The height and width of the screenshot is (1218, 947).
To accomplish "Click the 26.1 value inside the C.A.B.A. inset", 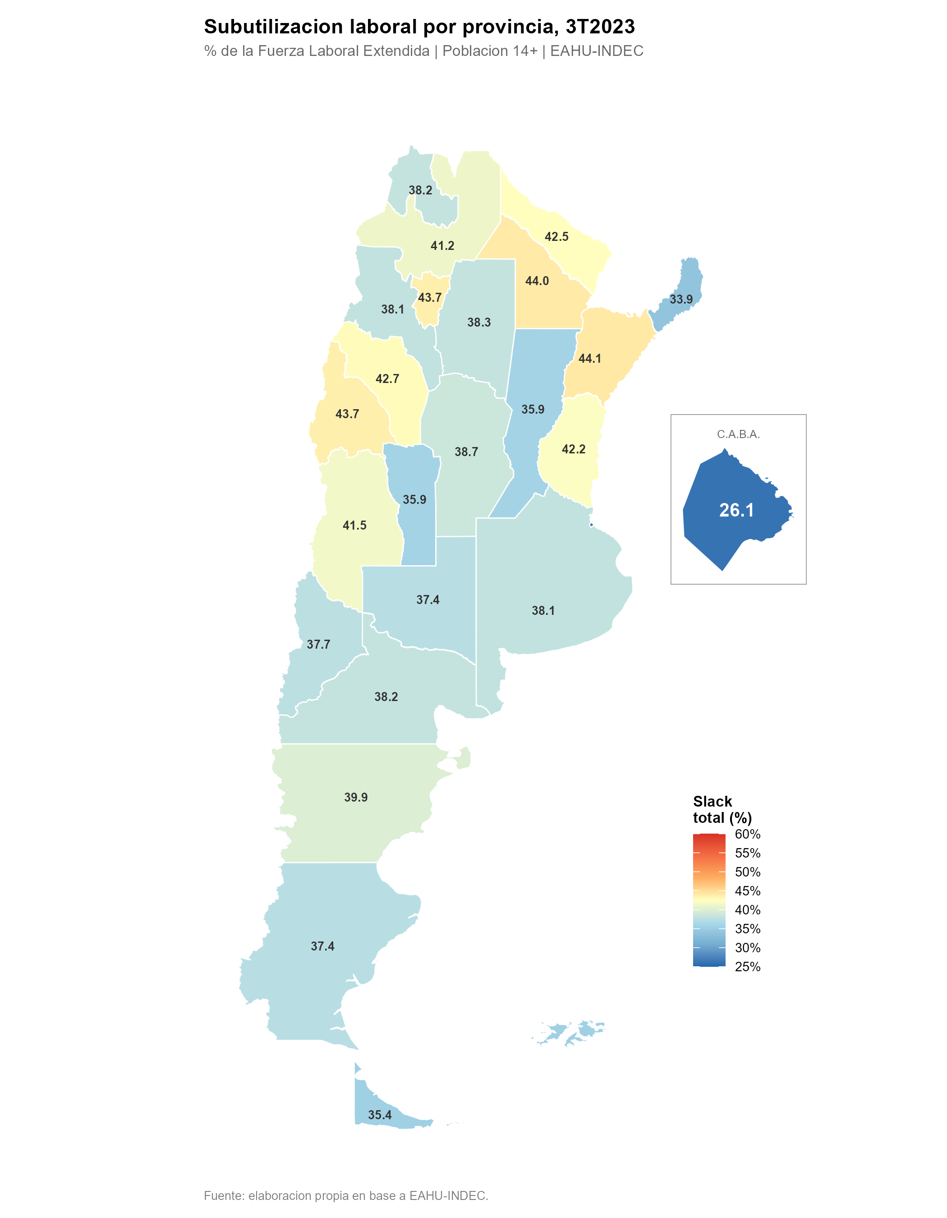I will [x=736, y=510].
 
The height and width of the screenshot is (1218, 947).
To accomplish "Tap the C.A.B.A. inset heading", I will [x=738, y=434].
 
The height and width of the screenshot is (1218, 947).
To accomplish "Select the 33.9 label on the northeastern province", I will [x=681, y=300].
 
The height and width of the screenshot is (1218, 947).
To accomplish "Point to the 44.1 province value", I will [x=590, y=359].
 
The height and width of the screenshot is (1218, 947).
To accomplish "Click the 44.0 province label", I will [x=537, y=281].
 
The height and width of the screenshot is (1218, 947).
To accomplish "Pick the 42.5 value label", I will [x=556, y=236].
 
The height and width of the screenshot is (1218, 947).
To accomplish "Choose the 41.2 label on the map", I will [x=442, y=245].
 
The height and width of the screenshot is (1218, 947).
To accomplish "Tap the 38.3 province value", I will [x=479, y=323].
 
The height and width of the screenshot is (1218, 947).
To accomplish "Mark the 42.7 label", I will [x=387, y=378].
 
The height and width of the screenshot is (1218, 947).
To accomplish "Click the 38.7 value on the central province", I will [x=466, y=452].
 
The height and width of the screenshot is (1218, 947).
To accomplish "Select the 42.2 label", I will [x=574, y=449].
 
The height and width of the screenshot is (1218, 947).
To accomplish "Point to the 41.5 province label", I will [x=354, y=526].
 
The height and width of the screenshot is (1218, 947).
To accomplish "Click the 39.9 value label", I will [x=356, y=797].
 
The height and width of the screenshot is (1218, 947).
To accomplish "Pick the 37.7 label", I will [x=318, y=644].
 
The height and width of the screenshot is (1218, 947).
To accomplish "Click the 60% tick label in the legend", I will [x=748, y=834].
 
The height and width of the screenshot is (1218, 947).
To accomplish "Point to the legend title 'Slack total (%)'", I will [x=722, y=809].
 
